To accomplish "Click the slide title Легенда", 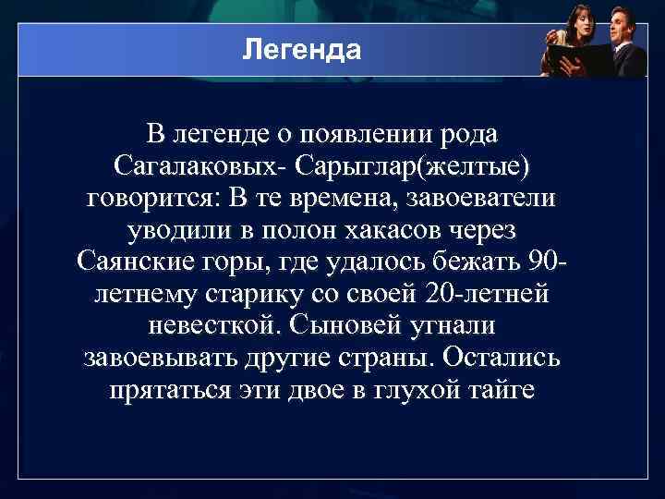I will point(301,48).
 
